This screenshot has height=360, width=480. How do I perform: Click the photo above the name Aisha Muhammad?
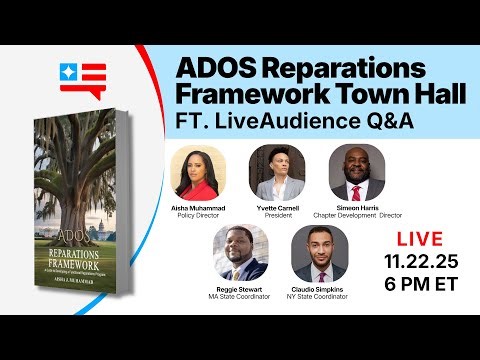point(199,173)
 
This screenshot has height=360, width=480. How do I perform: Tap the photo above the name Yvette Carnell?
point(277,173)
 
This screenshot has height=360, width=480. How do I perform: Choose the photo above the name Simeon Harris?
point(356,173)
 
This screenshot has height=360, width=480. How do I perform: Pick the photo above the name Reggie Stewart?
point(239,254)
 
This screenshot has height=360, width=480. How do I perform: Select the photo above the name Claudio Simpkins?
point(317,254)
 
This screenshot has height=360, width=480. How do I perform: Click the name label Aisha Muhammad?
point(199,208)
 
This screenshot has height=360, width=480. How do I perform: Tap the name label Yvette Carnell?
point(277,208)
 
